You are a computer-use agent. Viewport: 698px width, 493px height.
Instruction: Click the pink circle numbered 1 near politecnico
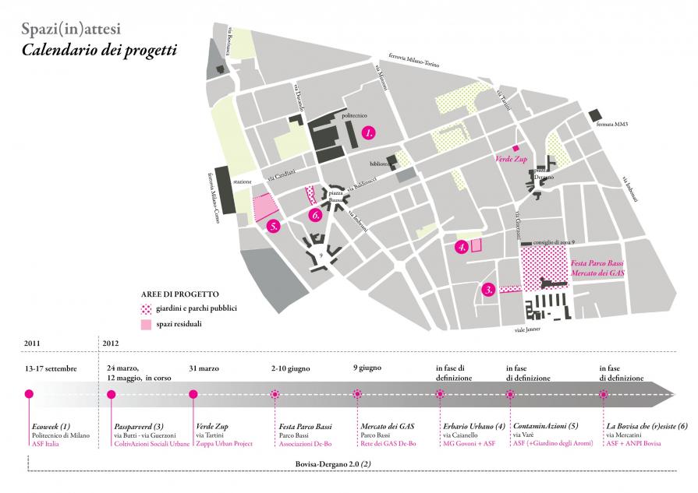[x=370, y=133]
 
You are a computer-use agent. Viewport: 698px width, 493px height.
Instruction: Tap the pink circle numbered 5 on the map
[x=273, y=227]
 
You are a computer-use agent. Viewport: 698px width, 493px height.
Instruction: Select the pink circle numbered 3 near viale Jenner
[x=488, y=290]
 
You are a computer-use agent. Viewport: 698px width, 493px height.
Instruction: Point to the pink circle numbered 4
[x=462, y=248]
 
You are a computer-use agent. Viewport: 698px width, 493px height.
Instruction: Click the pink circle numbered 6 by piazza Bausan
[x=315, y=214]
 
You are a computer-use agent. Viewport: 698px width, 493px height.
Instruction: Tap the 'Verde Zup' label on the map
[x=512, y=158]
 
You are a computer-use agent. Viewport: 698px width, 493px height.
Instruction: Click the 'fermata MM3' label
[x=612, y=124]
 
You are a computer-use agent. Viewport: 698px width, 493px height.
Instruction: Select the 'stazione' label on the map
[x=242, y=181]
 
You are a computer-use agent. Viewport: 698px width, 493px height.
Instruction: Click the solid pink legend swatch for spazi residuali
[x=146, y=323]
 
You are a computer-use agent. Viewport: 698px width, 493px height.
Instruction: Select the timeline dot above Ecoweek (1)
[x=29, y=394]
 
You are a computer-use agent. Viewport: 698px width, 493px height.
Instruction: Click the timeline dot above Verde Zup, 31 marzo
[x=194, y=394]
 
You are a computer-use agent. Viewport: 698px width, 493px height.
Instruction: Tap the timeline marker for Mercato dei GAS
[x=358, y=394]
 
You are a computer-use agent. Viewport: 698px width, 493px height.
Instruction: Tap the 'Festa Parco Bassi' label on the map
[x=604, y=265]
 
